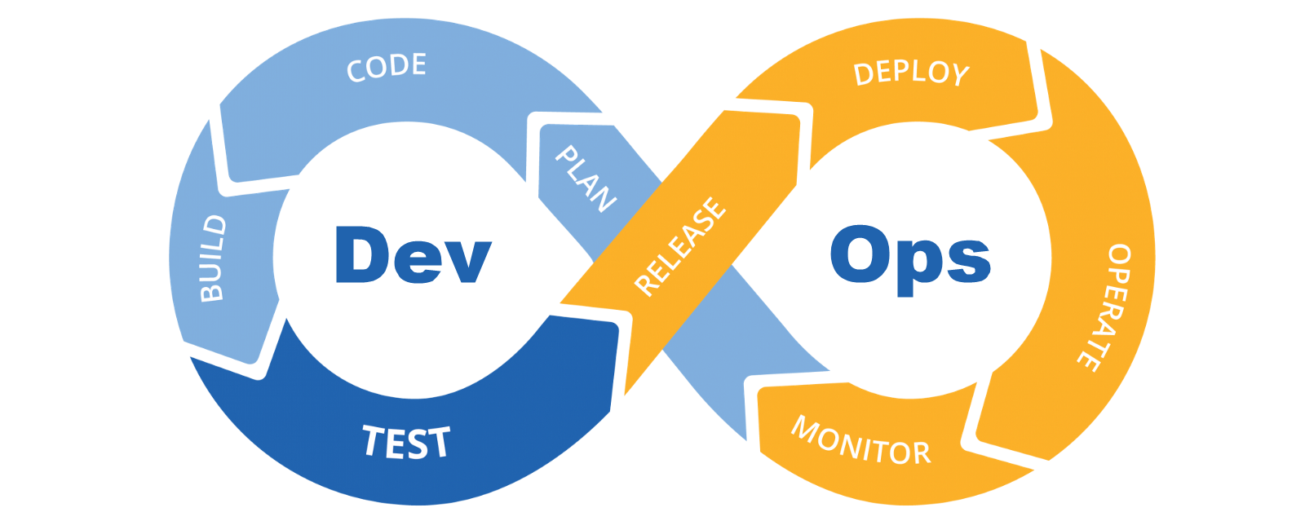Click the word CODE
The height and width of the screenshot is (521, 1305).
[x=387, y=67]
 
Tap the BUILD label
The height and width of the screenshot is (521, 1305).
[x=214, y=258]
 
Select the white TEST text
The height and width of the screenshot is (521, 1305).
[x=405, y=442]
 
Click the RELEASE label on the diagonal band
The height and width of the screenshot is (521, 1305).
[x=679, y=246]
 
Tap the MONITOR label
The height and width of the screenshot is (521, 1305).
[x=860, y=441]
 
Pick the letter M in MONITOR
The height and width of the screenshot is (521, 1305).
[x=807, y=427]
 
